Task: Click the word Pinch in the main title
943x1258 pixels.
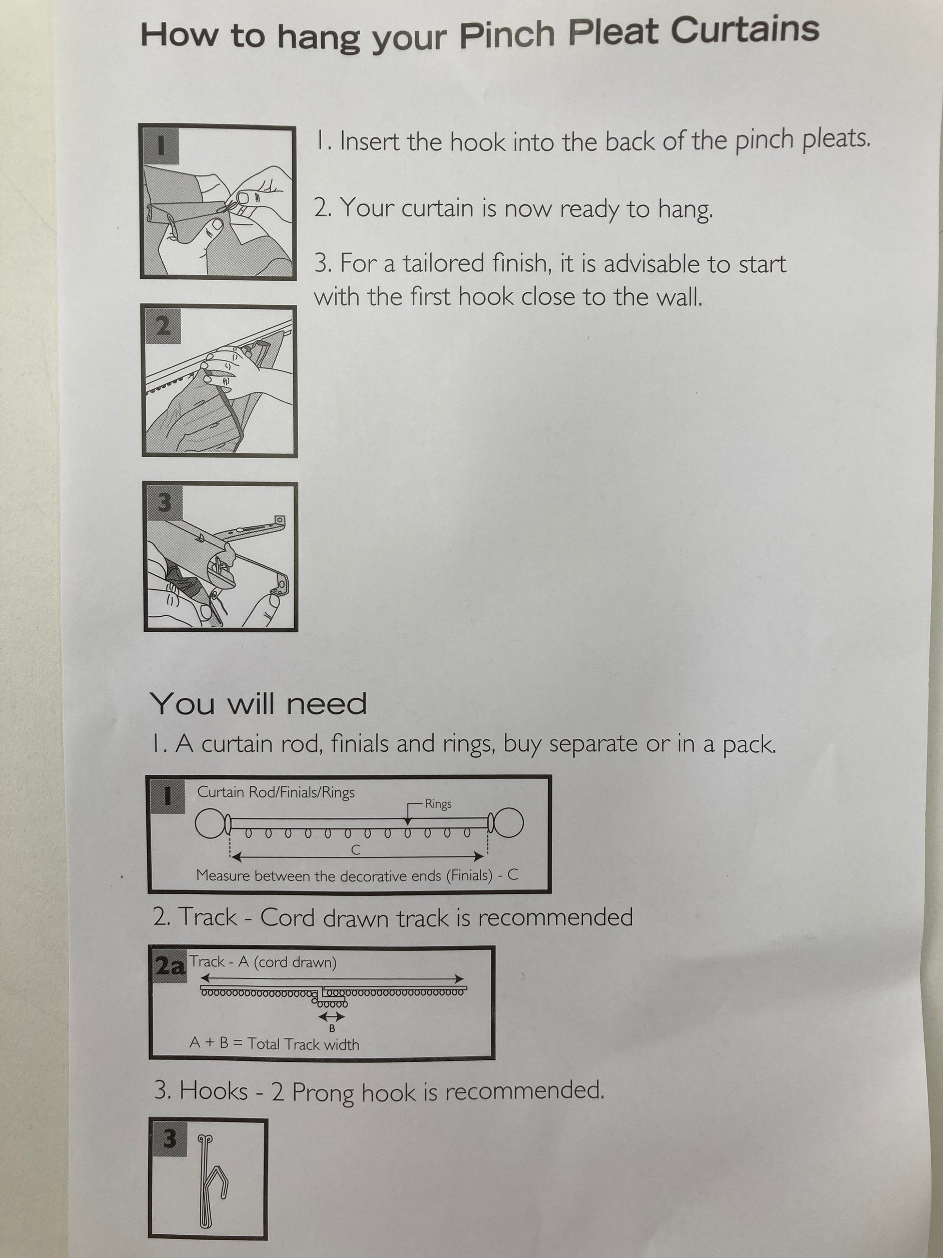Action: pyautogui.click(x=507, y=35)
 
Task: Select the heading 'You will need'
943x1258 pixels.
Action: pyautogui.click(x=259, y=703)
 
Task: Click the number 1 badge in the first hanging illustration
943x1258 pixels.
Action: pyautogui.click(x=161, y=145)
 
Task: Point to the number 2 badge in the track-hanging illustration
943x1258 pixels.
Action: pyautogui.click(x=163, y=326)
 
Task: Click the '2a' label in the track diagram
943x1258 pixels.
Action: pyautogui.click(x=170, y=966)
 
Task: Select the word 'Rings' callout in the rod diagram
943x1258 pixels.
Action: pyautogui.click(x=438, y=804)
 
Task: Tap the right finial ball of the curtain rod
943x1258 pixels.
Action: pyautogui.click(x=509, y=823)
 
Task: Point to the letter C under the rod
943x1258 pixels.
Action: pyautogui.click(x=356, y=850)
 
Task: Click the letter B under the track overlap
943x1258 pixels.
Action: pyautogui.click(x=332, y=1028)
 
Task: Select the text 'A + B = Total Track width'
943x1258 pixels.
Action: pyautogui.click(x=275, y=1044)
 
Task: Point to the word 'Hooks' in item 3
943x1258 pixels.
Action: pyautogui.click(x=214, y=1091)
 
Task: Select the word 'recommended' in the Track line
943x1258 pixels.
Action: pyautogui.click(x=555, y=917)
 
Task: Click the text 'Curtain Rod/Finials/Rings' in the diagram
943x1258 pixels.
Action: pyautogui.click(x=276, y=792)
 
